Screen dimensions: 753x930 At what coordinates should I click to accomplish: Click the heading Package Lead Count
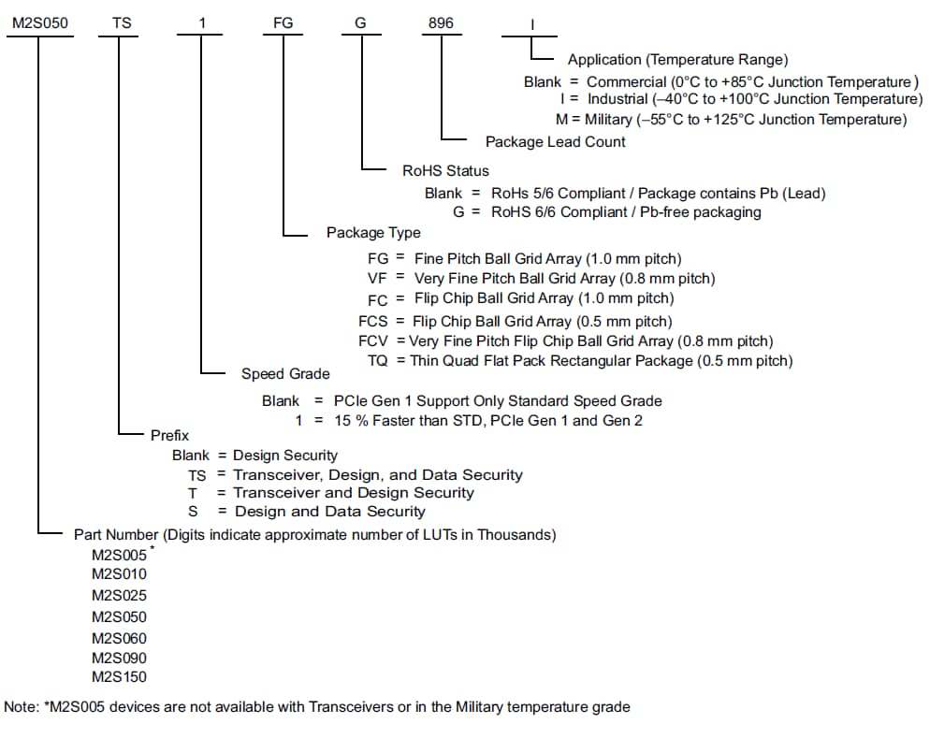coord(556,141)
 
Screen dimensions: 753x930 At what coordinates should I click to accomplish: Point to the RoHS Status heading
coord(445,170)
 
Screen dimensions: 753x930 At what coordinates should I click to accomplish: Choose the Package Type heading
coord(373,232)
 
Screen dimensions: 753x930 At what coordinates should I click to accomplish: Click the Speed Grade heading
coord(285,373)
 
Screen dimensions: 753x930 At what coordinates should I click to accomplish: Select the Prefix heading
coord(169,435)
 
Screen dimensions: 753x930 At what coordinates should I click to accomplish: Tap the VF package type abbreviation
coord(376,278)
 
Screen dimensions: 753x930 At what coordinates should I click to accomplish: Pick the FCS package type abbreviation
coord(374,320)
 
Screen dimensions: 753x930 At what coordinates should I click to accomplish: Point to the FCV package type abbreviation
coord(374,340)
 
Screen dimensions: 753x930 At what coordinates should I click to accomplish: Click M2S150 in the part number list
coord(119,676)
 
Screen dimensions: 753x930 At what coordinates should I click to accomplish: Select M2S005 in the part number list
coord(119,554)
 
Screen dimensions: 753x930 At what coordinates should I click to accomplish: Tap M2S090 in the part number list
coord(119,658)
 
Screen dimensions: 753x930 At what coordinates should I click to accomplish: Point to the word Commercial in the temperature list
coord(626,82)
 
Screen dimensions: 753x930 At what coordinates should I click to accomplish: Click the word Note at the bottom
coord(20,707)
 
